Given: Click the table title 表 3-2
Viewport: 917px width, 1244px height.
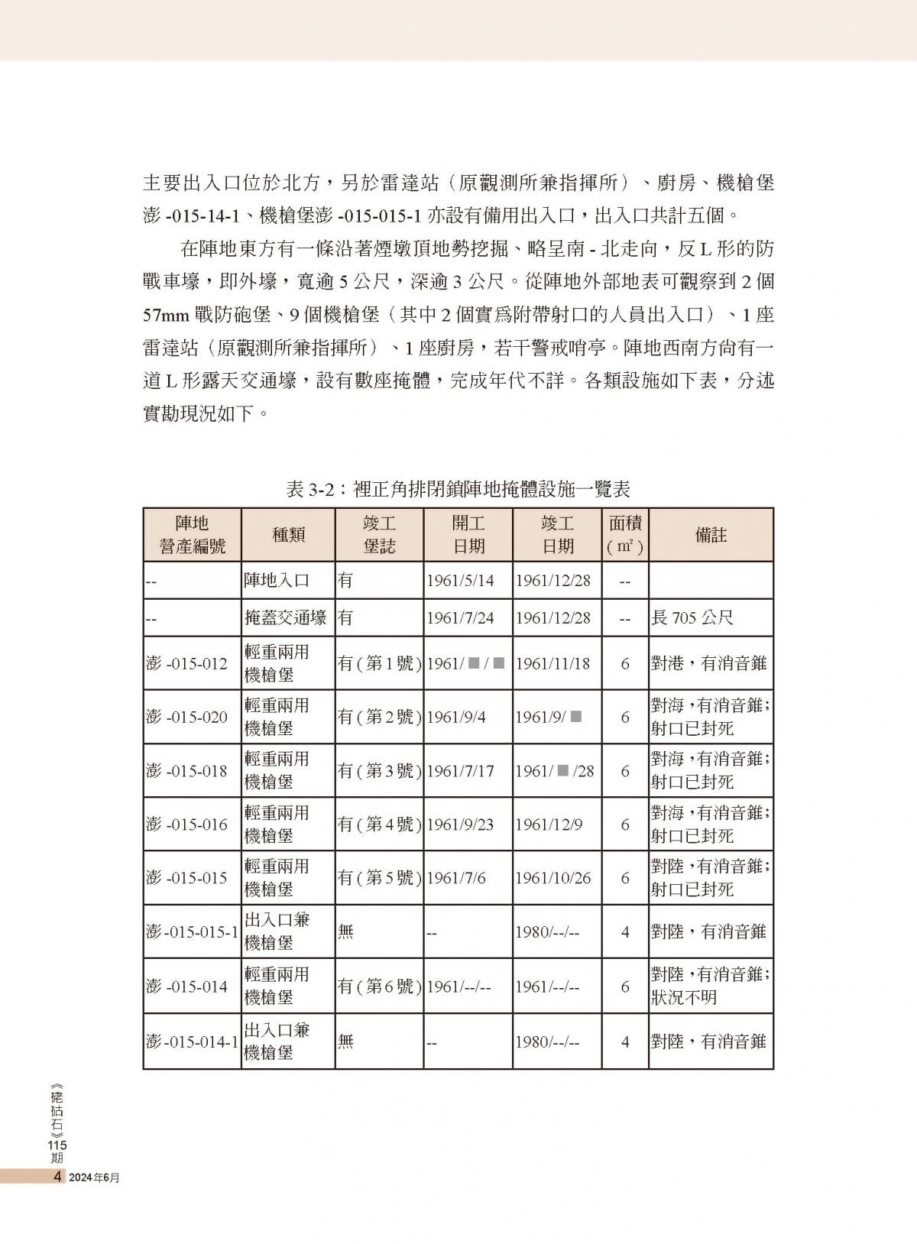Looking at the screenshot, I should point(458,489).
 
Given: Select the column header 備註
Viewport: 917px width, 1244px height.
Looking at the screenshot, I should point(710,535).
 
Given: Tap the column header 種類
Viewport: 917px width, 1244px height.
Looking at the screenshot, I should point(288,535).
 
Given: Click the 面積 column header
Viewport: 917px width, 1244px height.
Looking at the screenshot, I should point(624,535).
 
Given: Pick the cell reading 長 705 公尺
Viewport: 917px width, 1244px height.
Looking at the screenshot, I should point(692,617).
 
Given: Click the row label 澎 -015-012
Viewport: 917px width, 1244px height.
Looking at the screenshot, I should point(187,663).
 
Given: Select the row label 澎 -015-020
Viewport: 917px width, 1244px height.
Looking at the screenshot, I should point(187,717).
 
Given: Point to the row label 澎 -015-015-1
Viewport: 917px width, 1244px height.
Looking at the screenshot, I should point(192,931).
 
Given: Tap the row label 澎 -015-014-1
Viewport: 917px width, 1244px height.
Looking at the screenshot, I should point(192,1041).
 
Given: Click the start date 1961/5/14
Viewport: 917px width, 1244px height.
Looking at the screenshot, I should point(460,581).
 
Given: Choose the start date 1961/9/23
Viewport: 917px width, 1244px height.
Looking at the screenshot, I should point(460,824).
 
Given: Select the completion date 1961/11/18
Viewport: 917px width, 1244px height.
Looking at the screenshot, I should point(552,663).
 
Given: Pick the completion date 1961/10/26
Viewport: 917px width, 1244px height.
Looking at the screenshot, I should point(552,878).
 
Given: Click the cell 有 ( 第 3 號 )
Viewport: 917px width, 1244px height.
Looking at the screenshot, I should point(379,771).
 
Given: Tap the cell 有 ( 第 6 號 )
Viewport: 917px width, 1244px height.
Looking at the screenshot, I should point(379,986).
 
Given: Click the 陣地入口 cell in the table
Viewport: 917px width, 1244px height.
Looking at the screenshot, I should point(277,581).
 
